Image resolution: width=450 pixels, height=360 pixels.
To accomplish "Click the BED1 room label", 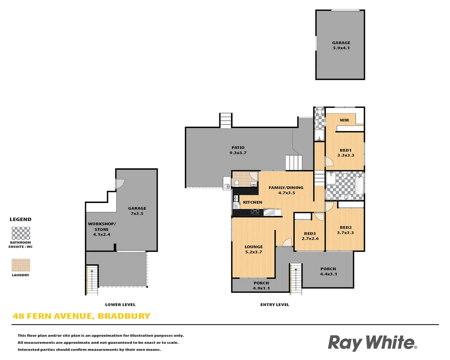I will point(346,150).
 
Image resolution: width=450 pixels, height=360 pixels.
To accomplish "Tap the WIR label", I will point(344,120).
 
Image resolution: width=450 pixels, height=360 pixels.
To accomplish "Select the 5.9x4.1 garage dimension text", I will point(341,48).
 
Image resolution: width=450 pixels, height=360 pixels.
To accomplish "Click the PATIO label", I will point(238,148).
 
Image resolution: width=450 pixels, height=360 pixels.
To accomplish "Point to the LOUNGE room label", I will point(254,247).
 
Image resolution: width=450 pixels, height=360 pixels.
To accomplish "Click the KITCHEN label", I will point(252,202).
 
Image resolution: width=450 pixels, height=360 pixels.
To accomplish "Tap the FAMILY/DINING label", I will point(286,188).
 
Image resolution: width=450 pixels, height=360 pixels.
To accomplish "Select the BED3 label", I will point(310,234).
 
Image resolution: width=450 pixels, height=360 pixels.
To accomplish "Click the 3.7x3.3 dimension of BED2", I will point(345,233).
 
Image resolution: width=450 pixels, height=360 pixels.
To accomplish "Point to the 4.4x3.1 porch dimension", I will point(328,274).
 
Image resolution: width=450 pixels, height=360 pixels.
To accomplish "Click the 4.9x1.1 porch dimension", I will point(261,288).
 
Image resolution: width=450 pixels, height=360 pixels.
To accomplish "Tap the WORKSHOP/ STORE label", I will point(102,227).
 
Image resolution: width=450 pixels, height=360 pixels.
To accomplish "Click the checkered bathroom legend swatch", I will point(21,233).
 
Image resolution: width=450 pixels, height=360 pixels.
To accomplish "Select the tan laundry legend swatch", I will point(21,265).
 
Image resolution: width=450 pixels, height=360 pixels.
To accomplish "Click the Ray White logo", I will point(372,343).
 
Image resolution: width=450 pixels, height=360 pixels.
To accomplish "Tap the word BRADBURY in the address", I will point(124,316).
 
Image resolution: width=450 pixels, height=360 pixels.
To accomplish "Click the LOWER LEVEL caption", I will point(120,305).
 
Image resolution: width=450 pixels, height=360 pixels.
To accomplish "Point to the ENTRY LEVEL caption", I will point(275,305).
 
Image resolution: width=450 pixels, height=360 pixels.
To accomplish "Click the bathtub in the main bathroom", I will point(359,185).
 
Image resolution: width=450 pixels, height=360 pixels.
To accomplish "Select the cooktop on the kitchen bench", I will point(255,212).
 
